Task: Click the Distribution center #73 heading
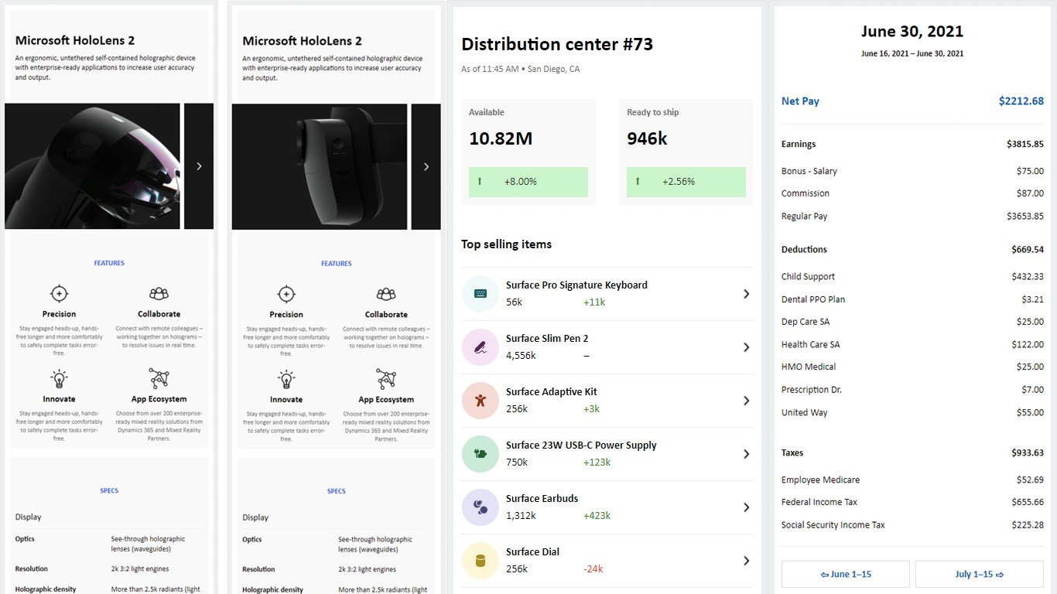pyautogui.click(x=557, y=45)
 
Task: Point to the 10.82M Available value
pyautogui.click(x=501, y=139)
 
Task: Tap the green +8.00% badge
pyautogui.click(x=528, y=182)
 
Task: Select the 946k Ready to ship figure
pyautogui.click(x=647, y=139)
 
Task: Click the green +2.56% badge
pyautogui.click(x=686, y=182)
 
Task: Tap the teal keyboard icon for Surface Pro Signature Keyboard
pyautogui.click(x=481, y=294)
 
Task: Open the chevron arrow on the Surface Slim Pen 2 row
pyautogui.click(x=746, y=347)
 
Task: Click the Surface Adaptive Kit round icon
pyautogui.click(x=481, y=401)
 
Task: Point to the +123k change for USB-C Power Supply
pyautogui.click(x=597, y=463)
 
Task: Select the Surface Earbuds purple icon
pyautogui.click(x=481, y=507)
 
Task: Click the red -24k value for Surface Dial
pyautogui.click(x=593, y=569)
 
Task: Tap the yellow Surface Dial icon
pyautogui.click(x=481, y=561)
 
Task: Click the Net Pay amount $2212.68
pyautogui.click(x=1021, y=101)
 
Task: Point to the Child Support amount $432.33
pyautogui.click(x=1028, y=277)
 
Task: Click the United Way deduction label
pyautogui.click(x=804, y=413)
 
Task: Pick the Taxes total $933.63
pyautogui.click(x=1027, y=453)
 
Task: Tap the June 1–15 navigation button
pyautogui.click(x=845, y=575)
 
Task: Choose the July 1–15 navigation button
pyautogui.click(x=979, y=575)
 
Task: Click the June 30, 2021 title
pyautogui.click(x=912, y=32)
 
